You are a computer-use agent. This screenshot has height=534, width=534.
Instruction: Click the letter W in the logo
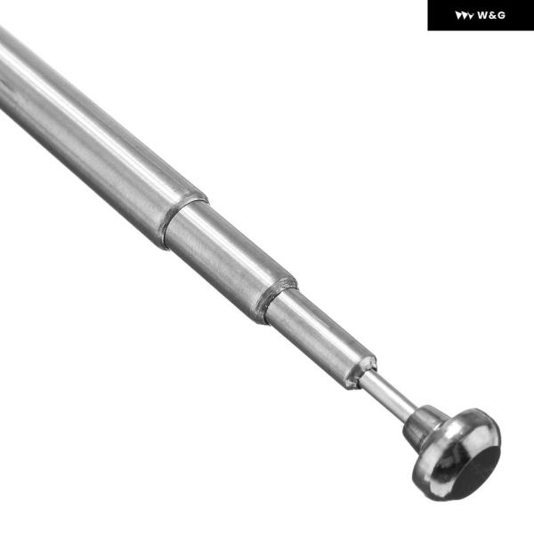482,15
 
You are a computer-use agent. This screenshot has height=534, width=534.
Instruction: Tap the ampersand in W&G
492,15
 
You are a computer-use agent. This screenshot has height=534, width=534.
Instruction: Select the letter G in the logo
500,15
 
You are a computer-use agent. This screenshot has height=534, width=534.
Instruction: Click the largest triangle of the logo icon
458,15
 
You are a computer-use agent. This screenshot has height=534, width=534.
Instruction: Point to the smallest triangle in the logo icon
471,16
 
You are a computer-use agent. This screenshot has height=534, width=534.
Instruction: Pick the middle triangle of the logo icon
465,16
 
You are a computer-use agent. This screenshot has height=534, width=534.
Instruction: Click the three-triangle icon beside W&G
465,16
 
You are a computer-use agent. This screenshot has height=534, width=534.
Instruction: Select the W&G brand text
491,15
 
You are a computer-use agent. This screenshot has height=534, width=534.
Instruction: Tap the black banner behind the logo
481,15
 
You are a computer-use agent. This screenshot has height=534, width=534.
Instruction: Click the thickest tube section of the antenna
95,136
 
